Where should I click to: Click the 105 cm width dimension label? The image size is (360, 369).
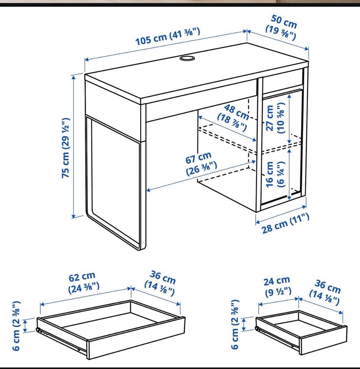click(168, 36)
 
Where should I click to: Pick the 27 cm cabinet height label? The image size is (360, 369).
click(275, 117)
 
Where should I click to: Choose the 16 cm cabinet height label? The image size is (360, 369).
click(275, 174)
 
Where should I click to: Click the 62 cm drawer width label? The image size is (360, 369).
click(84, 282)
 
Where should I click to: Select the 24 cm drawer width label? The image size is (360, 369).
click(277, 286)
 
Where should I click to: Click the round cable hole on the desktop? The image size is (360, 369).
click(187, 58)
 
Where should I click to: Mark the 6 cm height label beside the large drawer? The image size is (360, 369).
click(16, 326)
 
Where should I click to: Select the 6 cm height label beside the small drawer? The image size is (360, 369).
click(235, 324)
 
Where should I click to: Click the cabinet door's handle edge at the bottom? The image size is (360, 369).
click(281, 199)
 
